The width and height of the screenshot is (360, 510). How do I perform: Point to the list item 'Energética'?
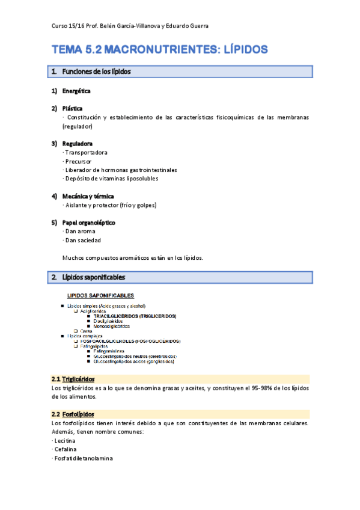[76, 91]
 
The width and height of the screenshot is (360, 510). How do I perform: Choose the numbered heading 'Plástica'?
[73, 108]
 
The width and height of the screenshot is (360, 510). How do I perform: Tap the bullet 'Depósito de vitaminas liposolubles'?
[111, 179]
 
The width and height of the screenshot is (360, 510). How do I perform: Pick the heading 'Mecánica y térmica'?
[88, 196]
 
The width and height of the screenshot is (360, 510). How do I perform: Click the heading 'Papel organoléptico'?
[89, 223]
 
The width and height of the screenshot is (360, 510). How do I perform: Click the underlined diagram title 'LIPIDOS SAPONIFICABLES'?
[100, 295]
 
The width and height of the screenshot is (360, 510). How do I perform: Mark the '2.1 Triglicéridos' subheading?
[73, 379]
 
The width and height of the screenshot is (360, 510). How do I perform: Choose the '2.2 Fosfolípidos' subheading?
[73, 414]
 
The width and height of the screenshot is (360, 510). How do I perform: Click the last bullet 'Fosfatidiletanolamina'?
[84, 458]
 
